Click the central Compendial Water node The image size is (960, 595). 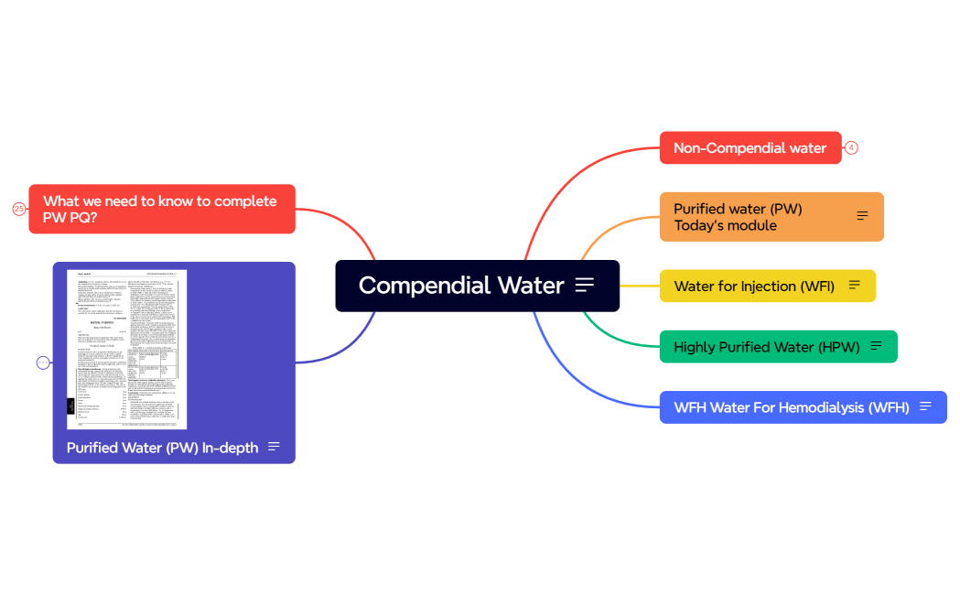[x=460, y=286]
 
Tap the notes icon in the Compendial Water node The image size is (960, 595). [x=585, y=286]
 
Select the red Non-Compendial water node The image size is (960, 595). [x=750, y=148]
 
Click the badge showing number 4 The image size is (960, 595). [x=851, y=148]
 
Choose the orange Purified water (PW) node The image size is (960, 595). [x=750, y=217]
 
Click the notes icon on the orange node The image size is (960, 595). [x=862, y=216]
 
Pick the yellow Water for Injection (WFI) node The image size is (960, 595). [x=753, y=286]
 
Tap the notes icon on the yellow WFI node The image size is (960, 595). [x=855, y=286]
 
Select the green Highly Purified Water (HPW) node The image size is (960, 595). [x=766, y=347]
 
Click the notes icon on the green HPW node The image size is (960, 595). [x=876, y=346]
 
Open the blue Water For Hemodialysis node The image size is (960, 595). [x=791, y=407]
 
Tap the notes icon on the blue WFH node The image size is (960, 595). [x=925, y=406]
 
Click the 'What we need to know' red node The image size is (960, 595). [x=161, y=209]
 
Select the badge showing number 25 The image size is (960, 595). [x=19, y=209]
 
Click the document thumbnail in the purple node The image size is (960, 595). [x=126, y=349]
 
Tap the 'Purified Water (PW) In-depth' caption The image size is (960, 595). [x=162, y=448]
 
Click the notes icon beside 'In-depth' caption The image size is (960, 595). [x=274, y=447]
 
